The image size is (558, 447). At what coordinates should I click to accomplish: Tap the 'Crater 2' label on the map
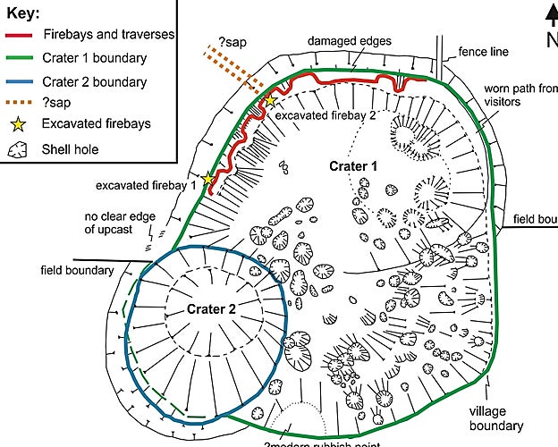211,309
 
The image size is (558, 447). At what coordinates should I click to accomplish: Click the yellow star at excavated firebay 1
209,180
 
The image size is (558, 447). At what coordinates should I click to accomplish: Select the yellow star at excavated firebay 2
270,101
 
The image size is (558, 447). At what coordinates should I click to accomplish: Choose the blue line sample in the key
20,81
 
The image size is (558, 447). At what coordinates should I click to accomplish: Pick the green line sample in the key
20,59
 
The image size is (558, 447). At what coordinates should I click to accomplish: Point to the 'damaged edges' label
344,41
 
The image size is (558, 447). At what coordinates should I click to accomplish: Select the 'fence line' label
483,52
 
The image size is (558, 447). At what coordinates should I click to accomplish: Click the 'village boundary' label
495,418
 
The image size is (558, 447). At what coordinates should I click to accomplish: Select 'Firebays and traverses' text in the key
108,36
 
